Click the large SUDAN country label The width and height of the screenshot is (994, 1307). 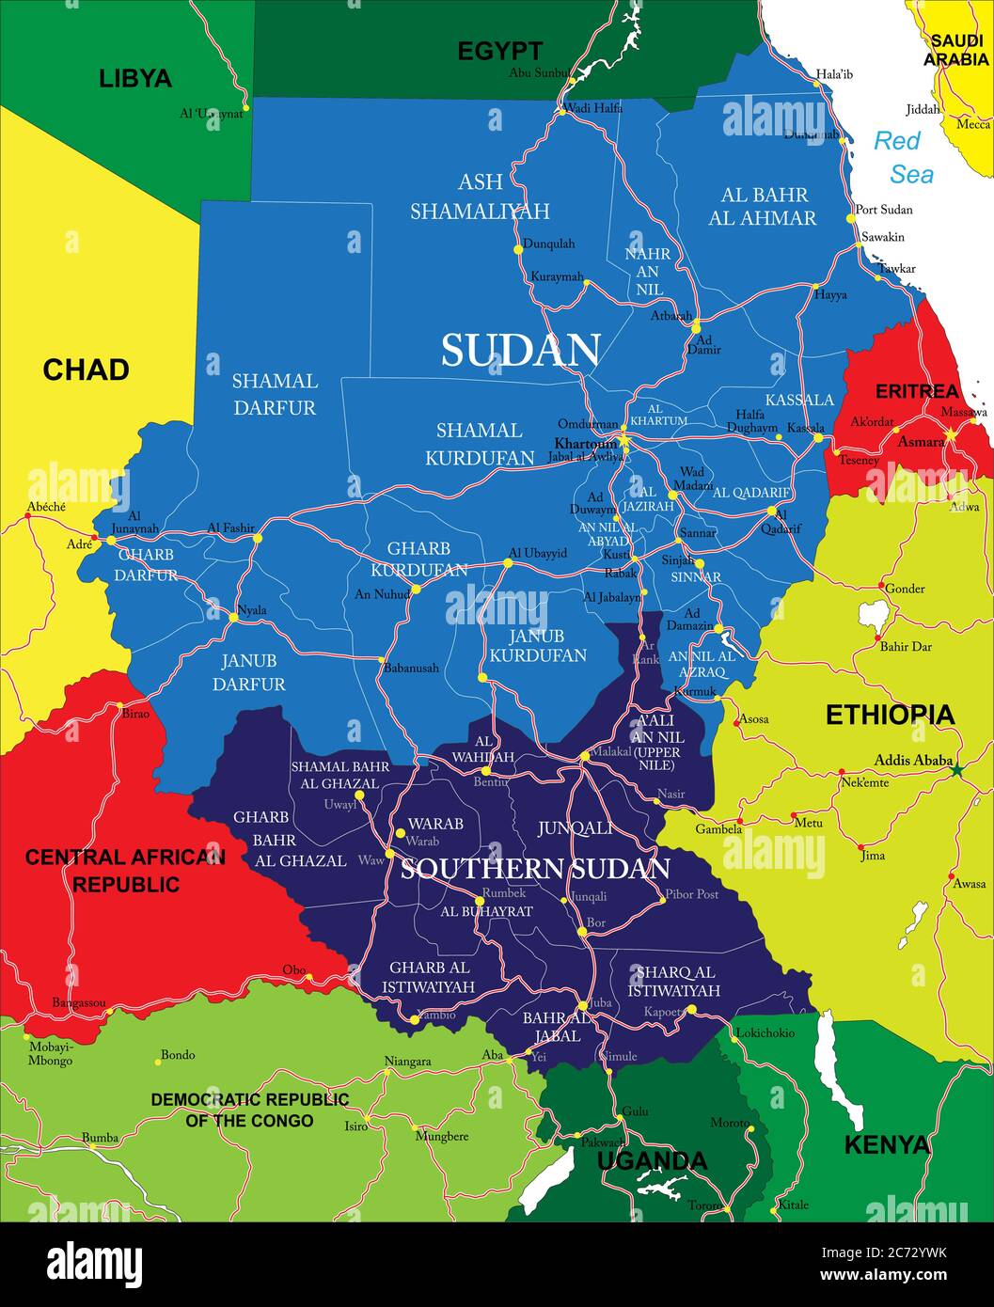pos(520,351)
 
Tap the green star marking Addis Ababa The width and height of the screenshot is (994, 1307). pos(957,770)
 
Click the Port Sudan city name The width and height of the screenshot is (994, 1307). pos(883,210)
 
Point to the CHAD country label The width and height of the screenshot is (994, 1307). pos(86,370)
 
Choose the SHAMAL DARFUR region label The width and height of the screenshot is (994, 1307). pos(275,394)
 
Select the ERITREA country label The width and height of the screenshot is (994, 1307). pos(916,391)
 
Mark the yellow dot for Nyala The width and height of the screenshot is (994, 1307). pos(233,618)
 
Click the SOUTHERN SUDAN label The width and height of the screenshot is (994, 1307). pos(535,868)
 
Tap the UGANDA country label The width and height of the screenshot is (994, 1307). pos(652,1160)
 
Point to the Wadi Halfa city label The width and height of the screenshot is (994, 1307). pos(594,108)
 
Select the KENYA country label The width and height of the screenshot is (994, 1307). pos(886,1144)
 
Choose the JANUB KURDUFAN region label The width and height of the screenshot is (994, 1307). pos(537,646)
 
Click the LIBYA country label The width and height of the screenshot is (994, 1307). pos(135,78)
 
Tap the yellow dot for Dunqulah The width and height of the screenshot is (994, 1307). pos(518,249)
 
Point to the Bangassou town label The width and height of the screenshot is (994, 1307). pos(79,1002)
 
